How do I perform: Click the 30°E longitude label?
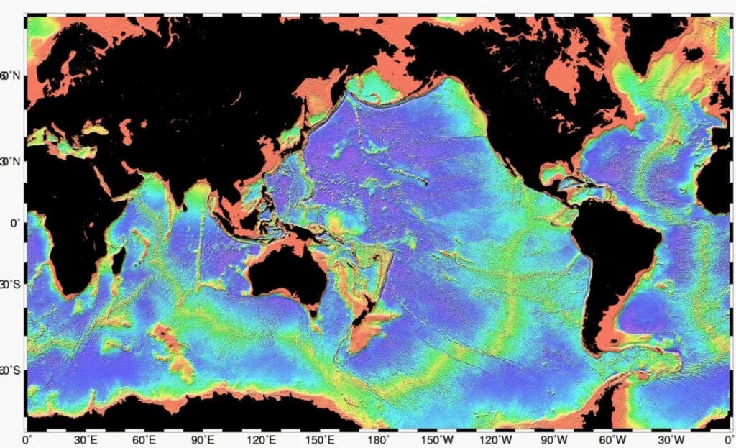click(86, 439)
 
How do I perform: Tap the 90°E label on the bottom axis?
click(203, 439)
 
